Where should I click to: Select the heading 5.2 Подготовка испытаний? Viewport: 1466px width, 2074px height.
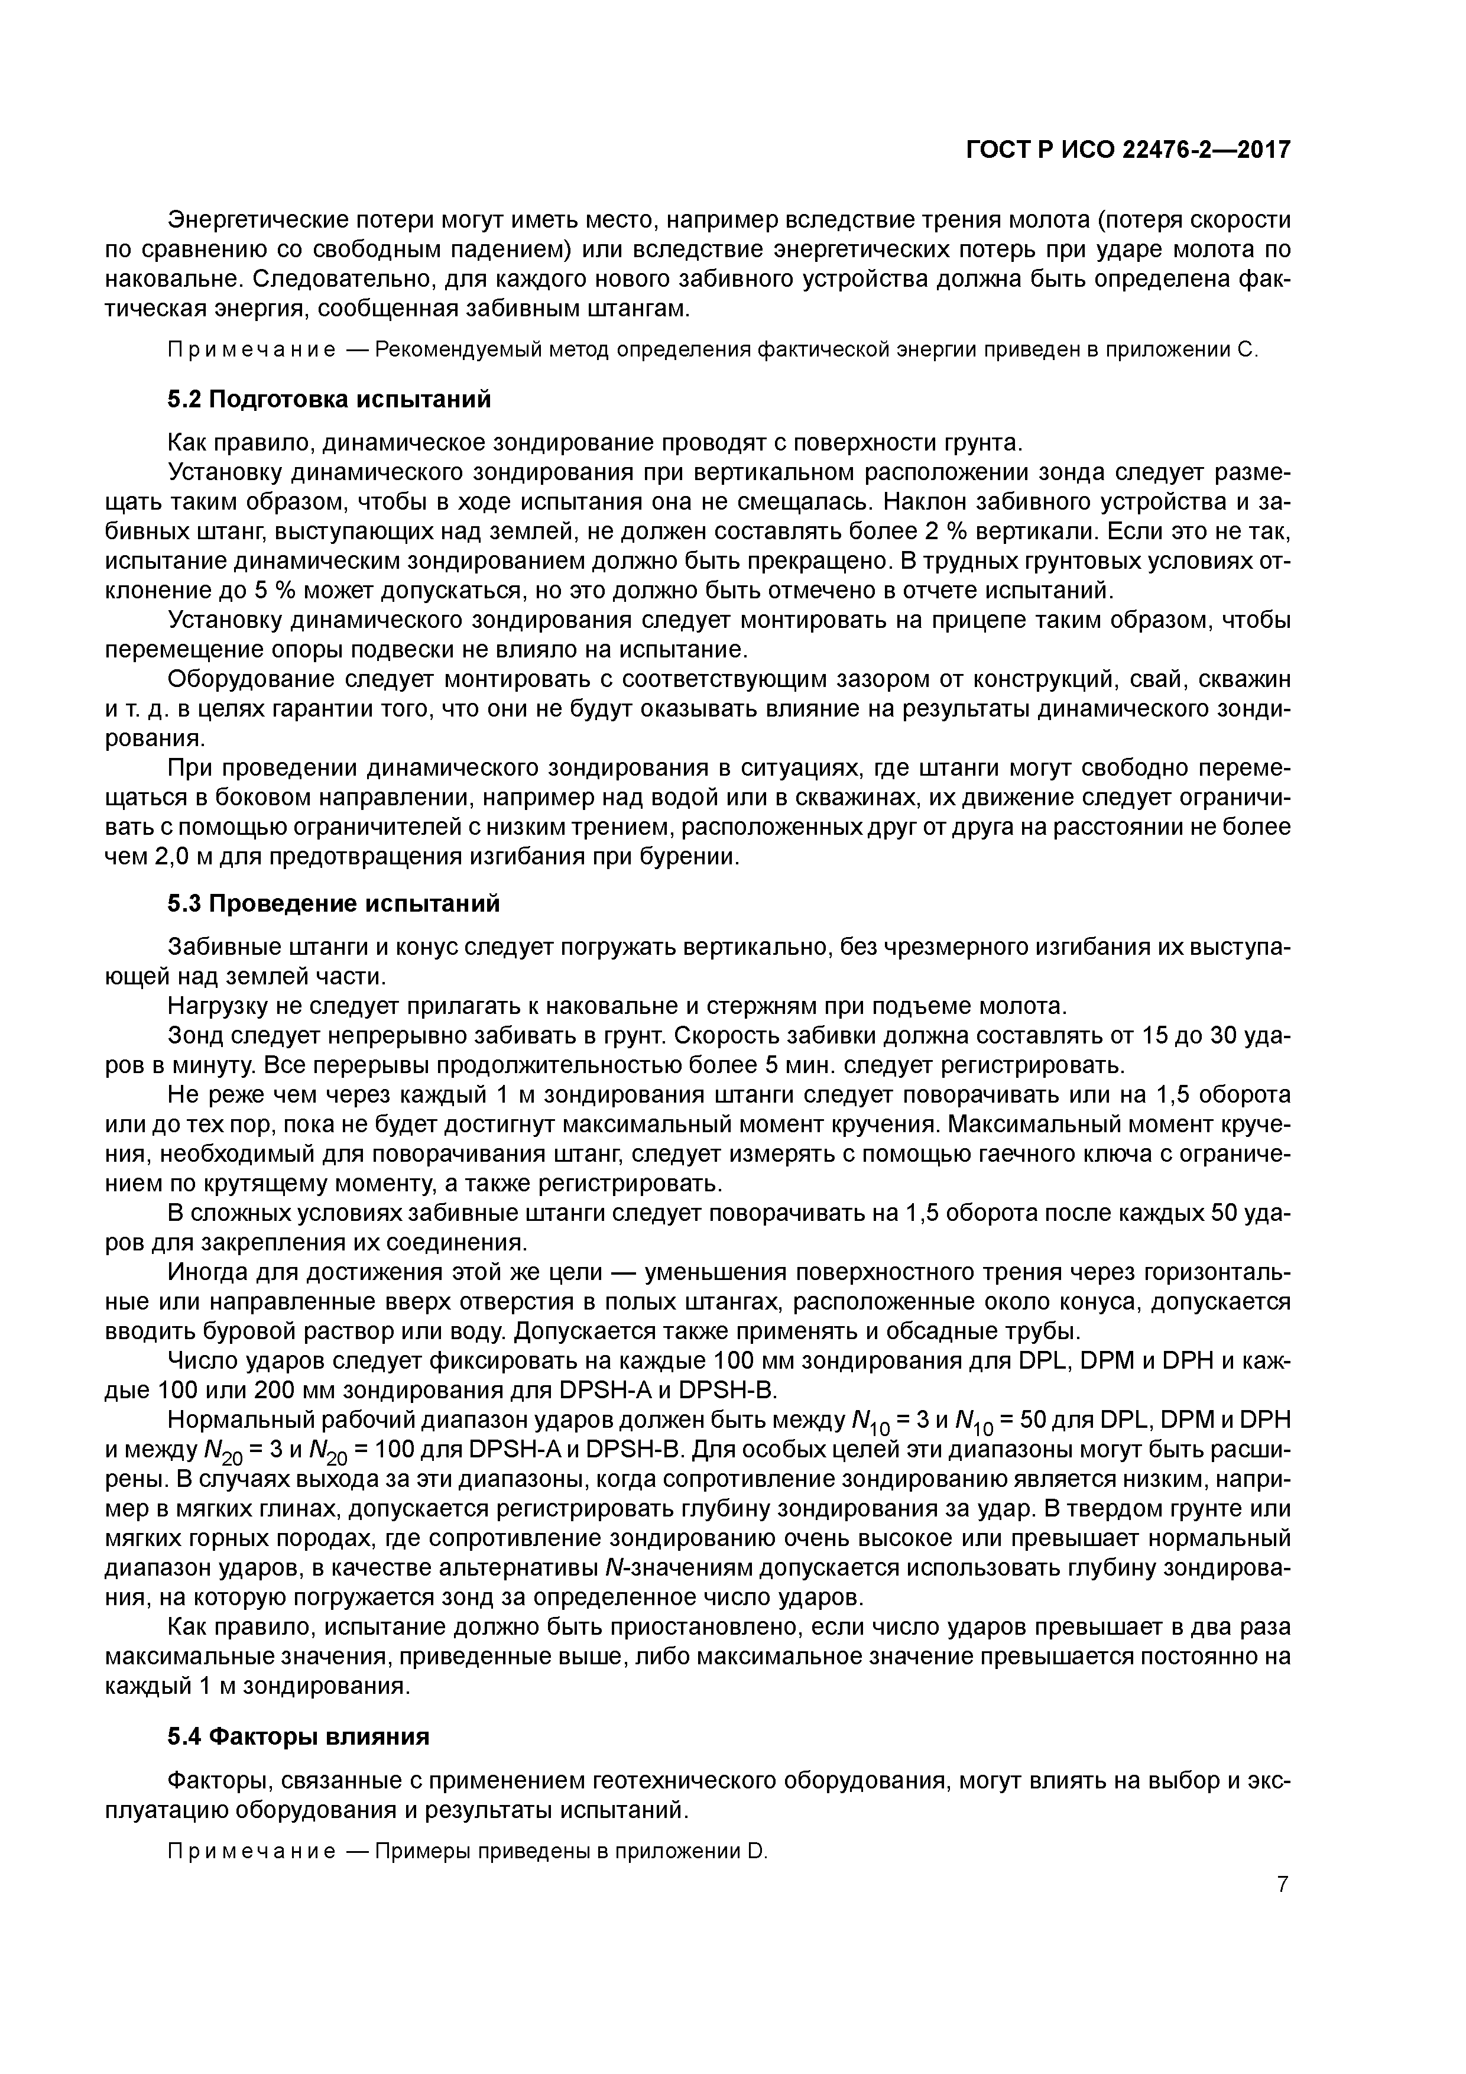(330, 399)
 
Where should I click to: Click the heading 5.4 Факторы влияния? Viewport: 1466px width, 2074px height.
(298, 1737)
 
